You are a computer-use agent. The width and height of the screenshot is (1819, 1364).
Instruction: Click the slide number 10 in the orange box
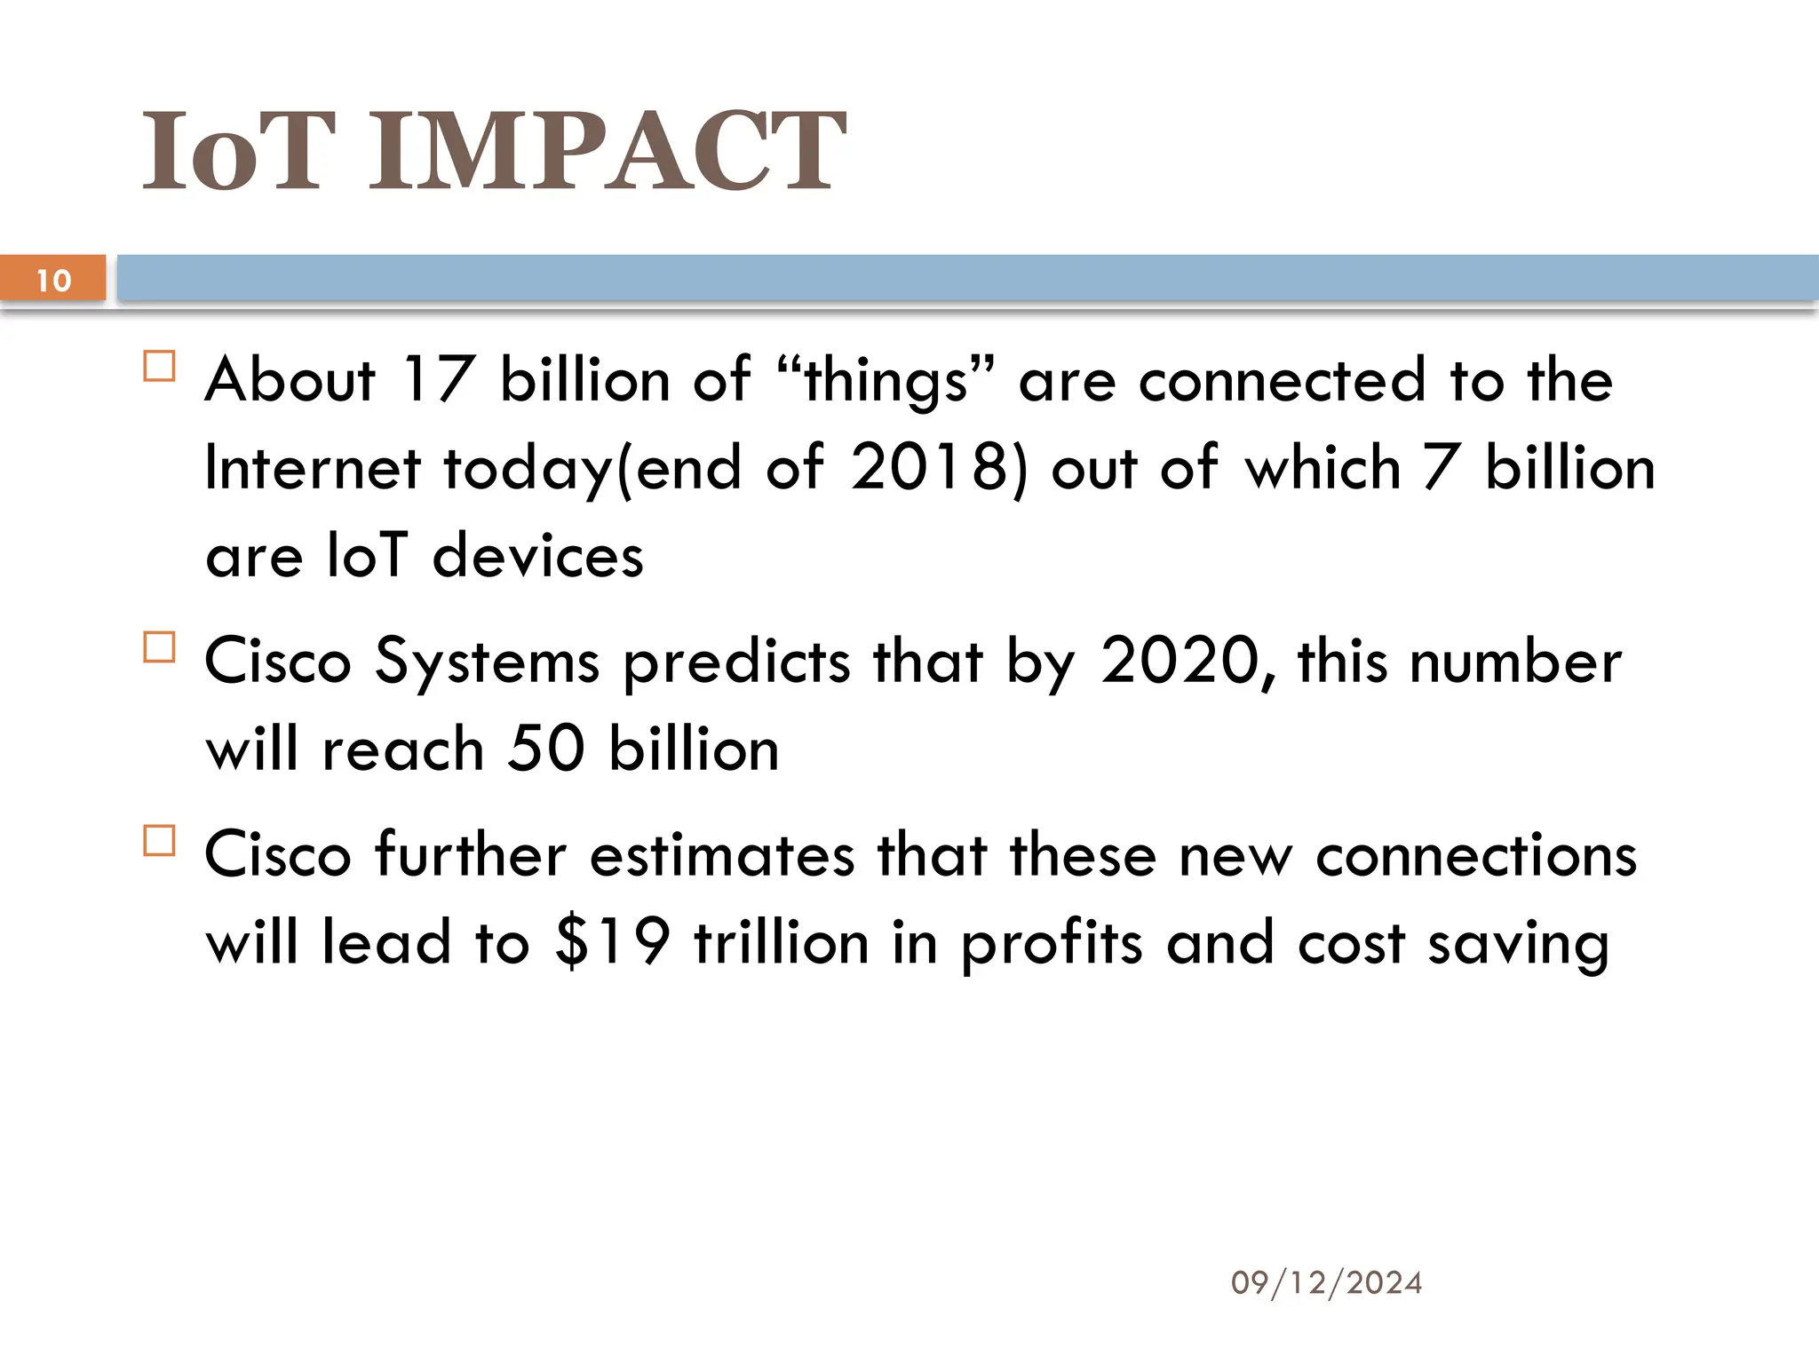(x=53, y=280)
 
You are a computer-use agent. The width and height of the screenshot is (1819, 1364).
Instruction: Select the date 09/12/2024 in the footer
(x=1326, y=1282)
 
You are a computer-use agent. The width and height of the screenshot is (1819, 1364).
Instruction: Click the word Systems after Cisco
(x=487, y=662)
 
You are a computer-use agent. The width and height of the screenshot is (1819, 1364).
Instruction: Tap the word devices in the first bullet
(x=537, y=556)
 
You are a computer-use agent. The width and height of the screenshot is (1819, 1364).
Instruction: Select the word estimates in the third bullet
(x=722, y=854)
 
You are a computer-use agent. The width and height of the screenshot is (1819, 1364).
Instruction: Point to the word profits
(x=1052, y=943)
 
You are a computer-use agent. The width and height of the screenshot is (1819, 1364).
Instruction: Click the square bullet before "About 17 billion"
(x=160, y=366)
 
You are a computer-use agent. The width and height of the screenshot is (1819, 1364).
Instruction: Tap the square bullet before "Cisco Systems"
(x=160, y=647)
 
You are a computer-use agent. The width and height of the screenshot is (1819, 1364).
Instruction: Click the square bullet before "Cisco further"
(x=160, y=840)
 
